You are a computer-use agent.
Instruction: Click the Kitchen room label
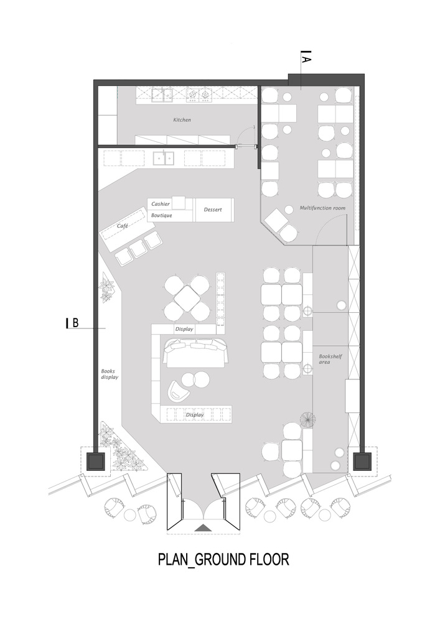pos(182,119)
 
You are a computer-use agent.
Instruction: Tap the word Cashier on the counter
pos(161,204)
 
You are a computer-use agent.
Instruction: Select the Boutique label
pos(161,215)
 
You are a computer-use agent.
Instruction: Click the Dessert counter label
pos(212,210)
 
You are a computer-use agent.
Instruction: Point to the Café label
pos(122,226)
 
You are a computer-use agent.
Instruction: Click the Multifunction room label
pos(322,208)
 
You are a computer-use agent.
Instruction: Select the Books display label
pos(110,373)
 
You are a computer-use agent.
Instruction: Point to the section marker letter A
pos(307,59)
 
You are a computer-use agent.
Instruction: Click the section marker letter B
pos(75,322)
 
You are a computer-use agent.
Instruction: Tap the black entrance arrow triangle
pos(203,527)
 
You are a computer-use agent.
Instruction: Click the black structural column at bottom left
pos(95,461)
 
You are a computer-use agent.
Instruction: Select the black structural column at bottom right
pos(362,461)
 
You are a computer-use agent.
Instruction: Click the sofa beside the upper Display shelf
pos(197,352)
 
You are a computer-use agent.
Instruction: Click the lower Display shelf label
pos(195,414)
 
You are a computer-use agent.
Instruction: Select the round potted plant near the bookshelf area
pos(307,420)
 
